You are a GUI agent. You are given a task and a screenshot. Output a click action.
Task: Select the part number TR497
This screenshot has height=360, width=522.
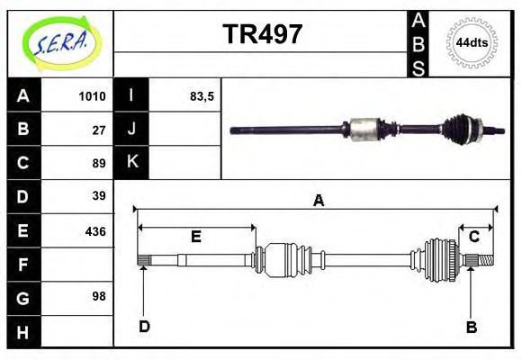(262, 34)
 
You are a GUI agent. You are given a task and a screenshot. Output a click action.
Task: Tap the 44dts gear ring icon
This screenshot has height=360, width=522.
(472, 43)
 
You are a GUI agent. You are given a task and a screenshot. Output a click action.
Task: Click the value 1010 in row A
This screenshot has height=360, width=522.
(93, 96)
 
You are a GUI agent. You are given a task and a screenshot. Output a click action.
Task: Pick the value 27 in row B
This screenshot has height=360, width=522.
(99, 130)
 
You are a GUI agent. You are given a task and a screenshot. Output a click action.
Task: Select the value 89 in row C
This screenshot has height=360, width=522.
(99, 163)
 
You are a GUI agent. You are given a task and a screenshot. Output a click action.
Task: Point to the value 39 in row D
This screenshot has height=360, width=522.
(99, 196)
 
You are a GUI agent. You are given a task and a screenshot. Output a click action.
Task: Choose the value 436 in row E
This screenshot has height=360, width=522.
(95, 230)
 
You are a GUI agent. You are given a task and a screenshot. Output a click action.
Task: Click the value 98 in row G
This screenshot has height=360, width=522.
(99, 296)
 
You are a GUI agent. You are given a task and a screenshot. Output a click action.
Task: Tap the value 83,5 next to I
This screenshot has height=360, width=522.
(202, 96)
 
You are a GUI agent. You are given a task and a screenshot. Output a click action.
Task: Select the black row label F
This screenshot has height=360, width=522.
(23, 265)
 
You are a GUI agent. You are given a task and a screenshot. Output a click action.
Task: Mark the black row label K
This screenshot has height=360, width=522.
(131, 163)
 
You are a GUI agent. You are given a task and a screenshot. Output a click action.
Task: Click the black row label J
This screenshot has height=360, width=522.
(131, 130)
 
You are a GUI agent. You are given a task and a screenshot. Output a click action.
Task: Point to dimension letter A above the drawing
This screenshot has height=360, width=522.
(318, 201)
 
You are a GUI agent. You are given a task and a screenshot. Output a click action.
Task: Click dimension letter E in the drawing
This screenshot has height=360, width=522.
(195, 237)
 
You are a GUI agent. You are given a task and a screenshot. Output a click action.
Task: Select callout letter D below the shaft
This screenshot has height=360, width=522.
(144, 327)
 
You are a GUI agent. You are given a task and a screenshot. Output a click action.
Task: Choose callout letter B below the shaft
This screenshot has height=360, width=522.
(471, 327)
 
